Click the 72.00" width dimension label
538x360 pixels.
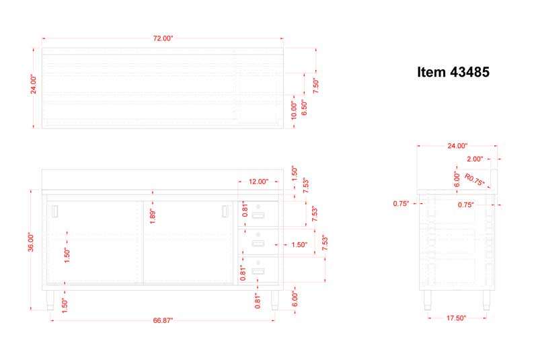pos(163,38)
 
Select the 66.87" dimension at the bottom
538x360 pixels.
pos(163,320)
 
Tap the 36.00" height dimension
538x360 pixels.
pos(31,242)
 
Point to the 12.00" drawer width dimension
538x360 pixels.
pos(258,182)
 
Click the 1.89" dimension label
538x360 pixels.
pos(153,217)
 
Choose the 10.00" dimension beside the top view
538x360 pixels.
pos(294,110)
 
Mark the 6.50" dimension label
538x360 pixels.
pos(305,108)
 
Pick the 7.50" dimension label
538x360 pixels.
pos(315,85)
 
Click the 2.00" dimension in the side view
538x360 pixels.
pos(475,159)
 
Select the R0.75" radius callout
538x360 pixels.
pos(474,180)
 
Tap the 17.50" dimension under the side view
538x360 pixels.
pos(457,318)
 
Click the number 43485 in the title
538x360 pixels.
pos(469,72)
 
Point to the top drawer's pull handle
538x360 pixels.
pos(258,215)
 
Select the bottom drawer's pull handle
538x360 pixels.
pos(258,271)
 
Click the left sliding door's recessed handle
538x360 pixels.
pos(55,211)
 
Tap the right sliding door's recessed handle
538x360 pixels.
pos(225,211)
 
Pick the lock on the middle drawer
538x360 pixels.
pos(258,235)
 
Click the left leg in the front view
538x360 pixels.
pos(50,300)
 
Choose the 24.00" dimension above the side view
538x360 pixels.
pos(457,146)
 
